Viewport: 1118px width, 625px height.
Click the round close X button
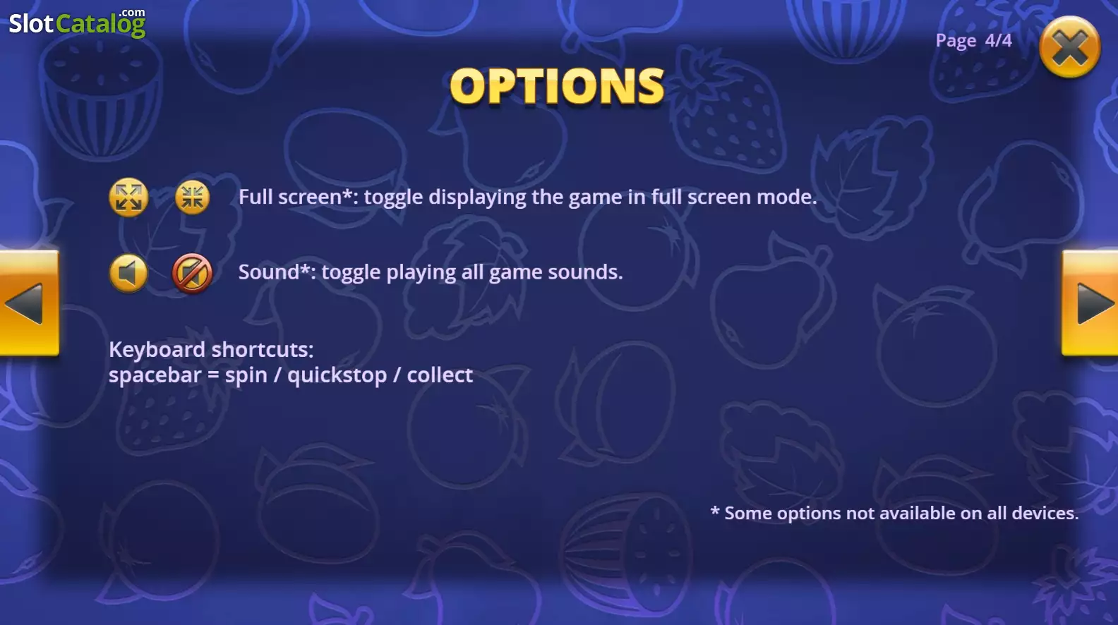[1069, 47]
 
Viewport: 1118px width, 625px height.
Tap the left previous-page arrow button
[29, 303]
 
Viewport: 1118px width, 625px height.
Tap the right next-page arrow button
[1090, 303]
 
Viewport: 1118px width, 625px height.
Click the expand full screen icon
[128, 197]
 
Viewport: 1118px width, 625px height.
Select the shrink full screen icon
[192, 197]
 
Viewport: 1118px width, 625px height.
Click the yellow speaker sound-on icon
[128, 273]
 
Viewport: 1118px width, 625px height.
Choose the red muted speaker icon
[192, 273]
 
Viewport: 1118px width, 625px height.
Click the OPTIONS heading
[557, 86]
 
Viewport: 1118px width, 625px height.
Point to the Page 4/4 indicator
[974, 40]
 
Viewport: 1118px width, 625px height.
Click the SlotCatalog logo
[78, 23]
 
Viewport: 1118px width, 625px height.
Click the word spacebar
[155, 375]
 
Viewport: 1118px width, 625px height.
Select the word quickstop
[337, 375]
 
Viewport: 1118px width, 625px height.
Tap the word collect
[440, 375]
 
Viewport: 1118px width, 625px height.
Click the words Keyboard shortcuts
[211, 349]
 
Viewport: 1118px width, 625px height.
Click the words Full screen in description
[290, 197]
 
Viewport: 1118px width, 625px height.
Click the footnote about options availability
[894, 513]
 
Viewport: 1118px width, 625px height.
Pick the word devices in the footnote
[1045, 513]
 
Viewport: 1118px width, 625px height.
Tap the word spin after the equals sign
[246, 375]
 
